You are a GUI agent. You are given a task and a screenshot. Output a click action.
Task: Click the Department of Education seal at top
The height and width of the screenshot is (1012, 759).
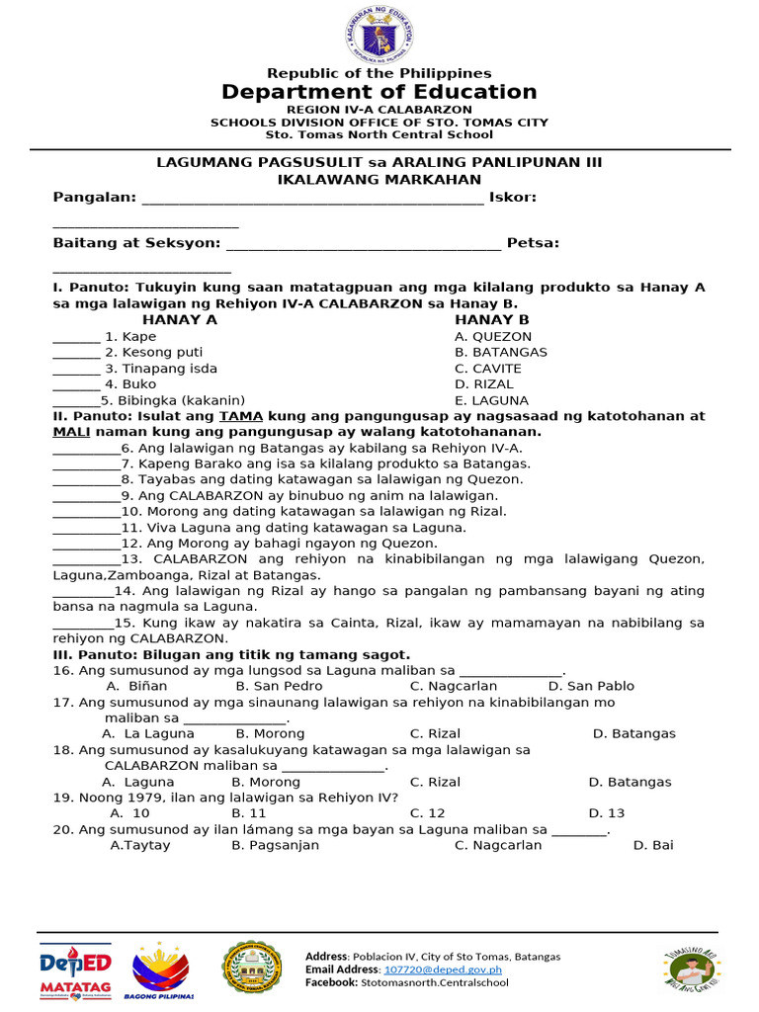tap(379, 36)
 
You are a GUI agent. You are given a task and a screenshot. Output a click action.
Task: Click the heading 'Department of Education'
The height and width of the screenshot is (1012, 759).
tap(379, 92)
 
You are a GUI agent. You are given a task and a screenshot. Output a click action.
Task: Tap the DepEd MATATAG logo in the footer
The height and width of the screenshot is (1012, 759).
tap(75, 970)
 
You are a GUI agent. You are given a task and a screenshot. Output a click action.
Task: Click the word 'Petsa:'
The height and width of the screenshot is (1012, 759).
tap(533, 242)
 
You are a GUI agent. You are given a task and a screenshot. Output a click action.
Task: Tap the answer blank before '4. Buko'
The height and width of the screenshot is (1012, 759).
tap(76, 384)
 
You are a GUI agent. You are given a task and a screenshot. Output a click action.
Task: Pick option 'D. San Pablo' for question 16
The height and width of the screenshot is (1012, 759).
tap(591, 686)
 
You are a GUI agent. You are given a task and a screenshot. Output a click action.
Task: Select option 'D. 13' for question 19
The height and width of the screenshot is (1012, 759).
tap(607, 813)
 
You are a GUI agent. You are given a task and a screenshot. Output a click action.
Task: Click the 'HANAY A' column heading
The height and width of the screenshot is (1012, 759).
tap(180, 320)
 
